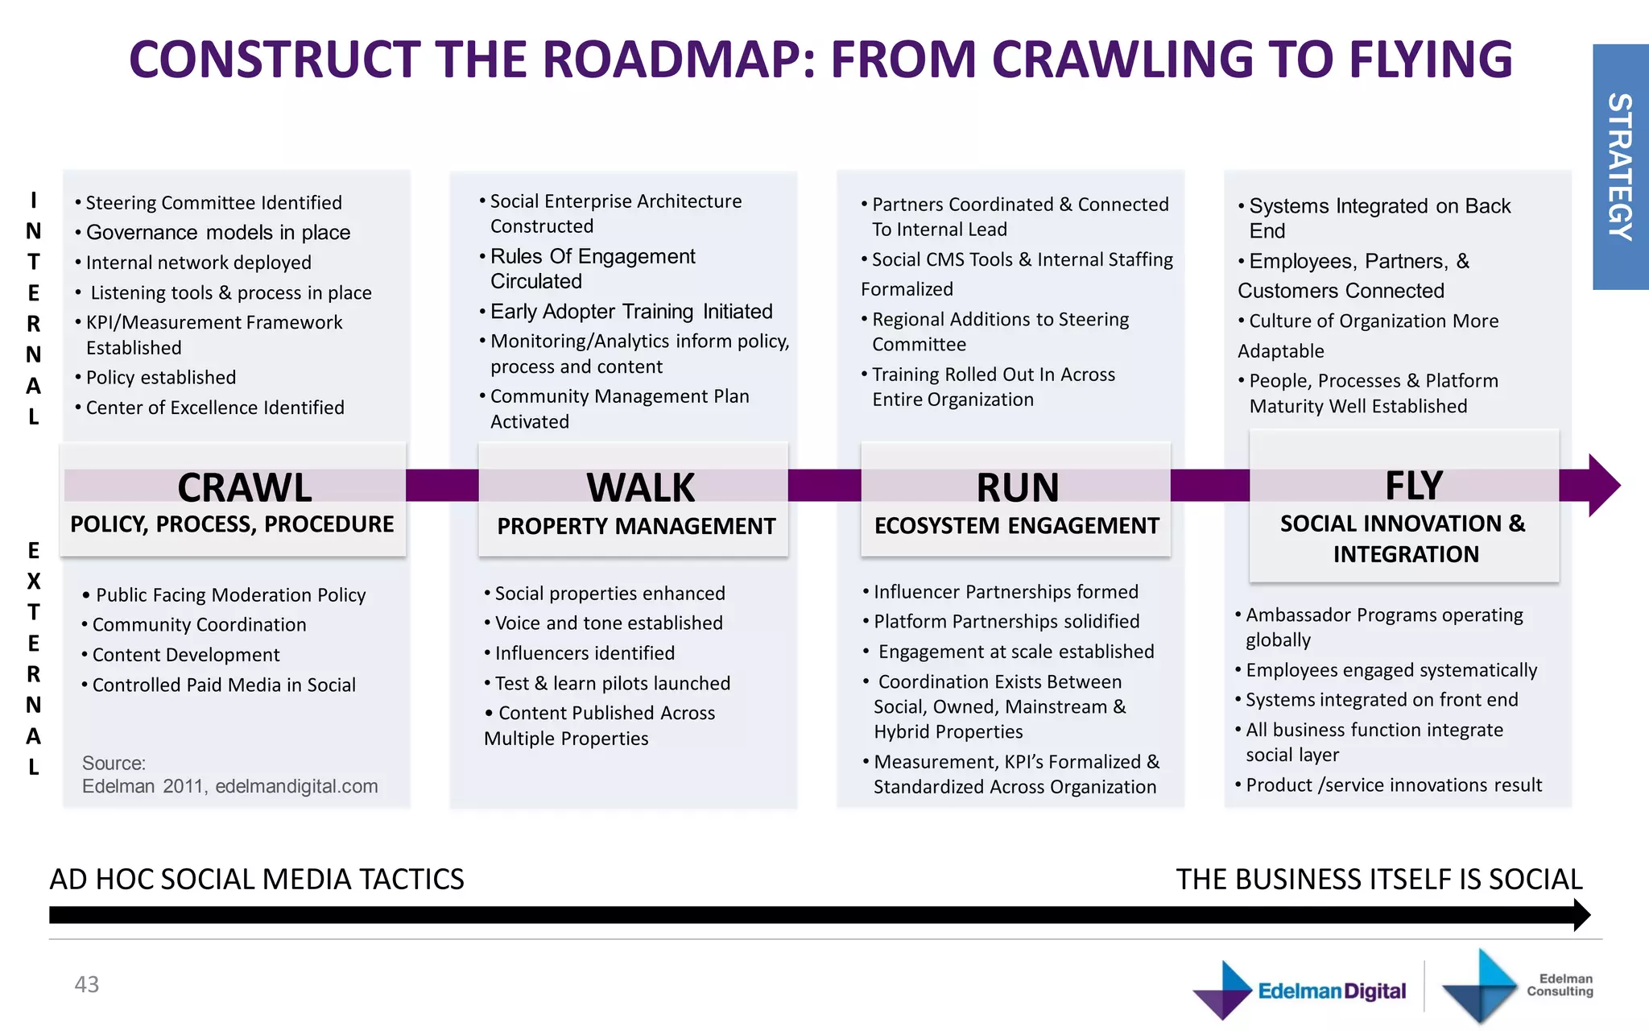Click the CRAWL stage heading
(x=244, y=487)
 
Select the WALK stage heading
(x=640, y=487)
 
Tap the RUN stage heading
(x=1017, y=487)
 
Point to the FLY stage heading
(x=1413, y=486)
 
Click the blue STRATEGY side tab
(x=1620, y=167)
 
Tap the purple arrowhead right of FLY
(x=1602, y=485)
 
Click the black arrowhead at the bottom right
(x=1581, y=915)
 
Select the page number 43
(x=86, y=984)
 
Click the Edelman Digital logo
(x=1300, y=990)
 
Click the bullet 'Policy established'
(x=160, y=378)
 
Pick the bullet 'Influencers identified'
(x=585, y=653)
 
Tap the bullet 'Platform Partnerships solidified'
(x=1006, y=622)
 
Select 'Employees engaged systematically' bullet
(x=1391, y=670)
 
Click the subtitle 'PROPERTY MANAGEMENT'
(x=636, y=527)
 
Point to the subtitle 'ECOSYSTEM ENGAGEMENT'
(x=1016, y=526)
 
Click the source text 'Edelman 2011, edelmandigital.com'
(x=229, y=786)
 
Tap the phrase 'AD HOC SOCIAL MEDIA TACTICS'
(x=257, y=879)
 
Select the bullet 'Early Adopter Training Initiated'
(x=630, y=312)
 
